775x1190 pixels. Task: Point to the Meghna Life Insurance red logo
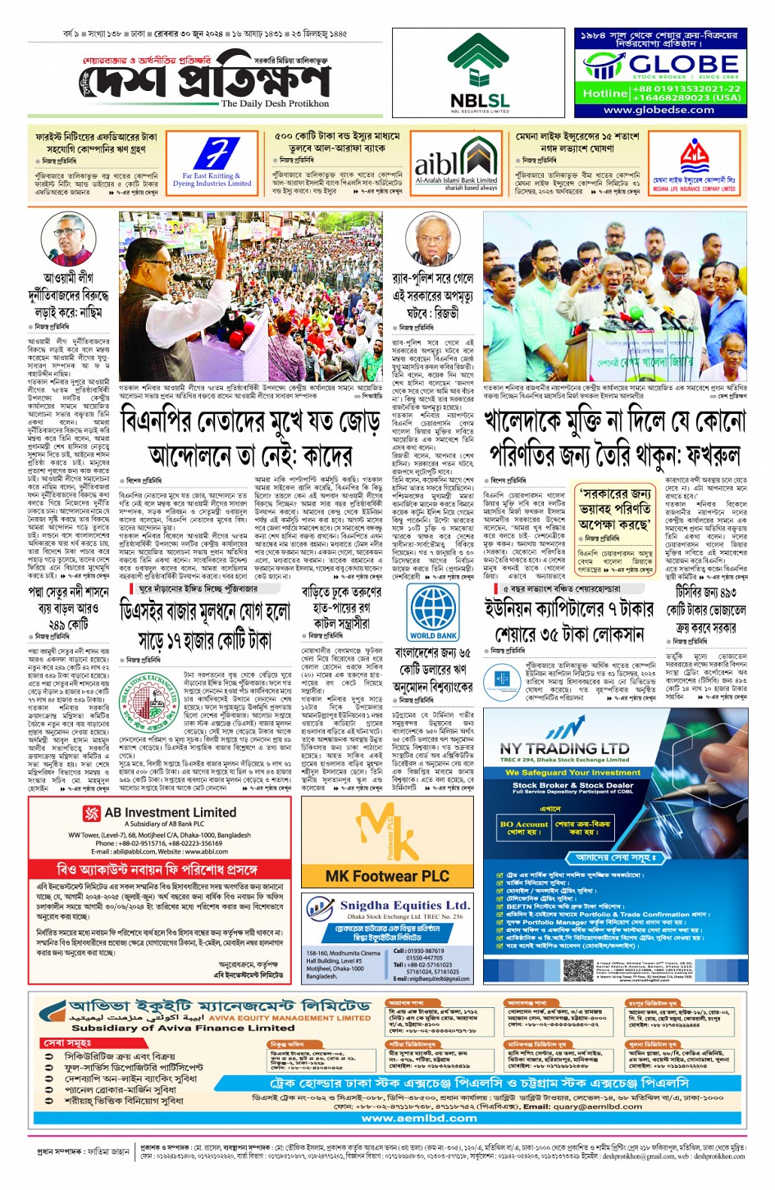coord(694,156)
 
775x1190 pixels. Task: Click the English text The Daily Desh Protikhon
coord(275,104)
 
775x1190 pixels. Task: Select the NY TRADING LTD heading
coord(564,748)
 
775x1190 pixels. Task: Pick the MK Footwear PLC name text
coord(387,875)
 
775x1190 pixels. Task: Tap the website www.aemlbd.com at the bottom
coord(418,1117)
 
